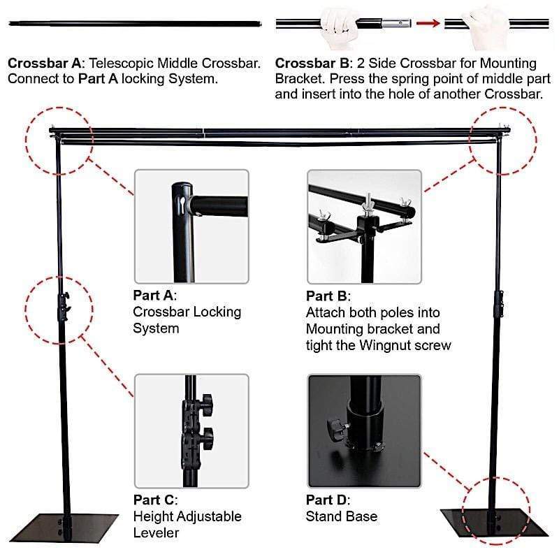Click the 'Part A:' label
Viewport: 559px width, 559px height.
pyautogui.click(x=155, y=295)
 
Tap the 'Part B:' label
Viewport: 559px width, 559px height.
pyautogui.click(x=328, y=295)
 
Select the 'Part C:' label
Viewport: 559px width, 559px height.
pyautogui.click(x=155, y=500)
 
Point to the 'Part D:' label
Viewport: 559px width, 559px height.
pyautogui.click(x=328, y=500)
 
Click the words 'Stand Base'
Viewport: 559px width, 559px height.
pyautogui.click(x=342, y=516)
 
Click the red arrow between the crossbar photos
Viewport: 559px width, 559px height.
pyautogui.click(x=428, y=23)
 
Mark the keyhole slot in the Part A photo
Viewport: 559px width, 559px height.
pyautogui.click(x=181, y=203)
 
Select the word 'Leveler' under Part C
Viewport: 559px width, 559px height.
pyautogui.click(x=156, y=532)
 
